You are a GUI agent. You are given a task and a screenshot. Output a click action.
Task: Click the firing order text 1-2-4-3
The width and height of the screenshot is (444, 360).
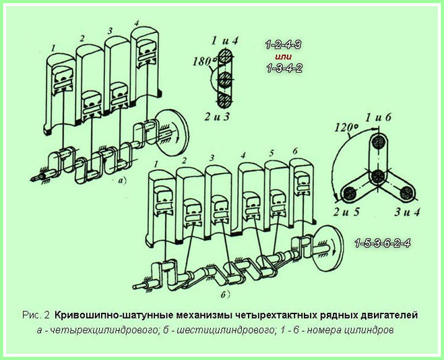[x=283, y=44]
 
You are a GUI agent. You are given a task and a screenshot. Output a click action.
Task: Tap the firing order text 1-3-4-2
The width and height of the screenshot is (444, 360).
[x=284, y=68]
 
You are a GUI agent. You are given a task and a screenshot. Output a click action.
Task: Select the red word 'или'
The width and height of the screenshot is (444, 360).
[x=284, y=57]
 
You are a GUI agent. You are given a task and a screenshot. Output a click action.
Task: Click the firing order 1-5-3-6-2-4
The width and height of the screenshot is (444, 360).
[x=382, y=243]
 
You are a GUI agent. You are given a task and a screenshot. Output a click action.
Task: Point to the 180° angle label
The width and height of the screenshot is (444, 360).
[x=203, y=61]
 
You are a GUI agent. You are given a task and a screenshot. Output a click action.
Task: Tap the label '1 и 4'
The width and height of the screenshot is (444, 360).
[x=224, y=40]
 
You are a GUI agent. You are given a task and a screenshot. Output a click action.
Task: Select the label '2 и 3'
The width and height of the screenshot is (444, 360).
[x=217, y=117]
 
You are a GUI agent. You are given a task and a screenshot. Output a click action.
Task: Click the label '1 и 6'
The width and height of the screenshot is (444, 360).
[x=378, y=117]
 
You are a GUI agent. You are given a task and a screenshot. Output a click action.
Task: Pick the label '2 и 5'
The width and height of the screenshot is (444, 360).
[x=346, y=212]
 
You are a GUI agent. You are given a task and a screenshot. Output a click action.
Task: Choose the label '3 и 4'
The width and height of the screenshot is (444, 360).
[x=407, y=212]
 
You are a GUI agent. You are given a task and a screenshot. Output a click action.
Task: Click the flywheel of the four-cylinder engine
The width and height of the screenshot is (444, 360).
[x=172, y=132]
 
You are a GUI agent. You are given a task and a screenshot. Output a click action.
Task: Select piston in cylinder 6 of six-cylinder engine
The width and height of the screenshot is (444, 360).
[x=302, y=183]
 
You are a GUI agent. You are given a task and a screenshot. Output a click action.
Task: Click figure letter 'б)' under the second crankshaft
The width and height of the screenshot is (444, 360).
[x=225, y=295]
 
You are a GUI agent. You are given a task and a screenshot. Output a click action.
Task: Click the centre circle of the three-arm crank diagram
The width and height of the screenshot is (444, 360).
[x=378, y=177]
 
